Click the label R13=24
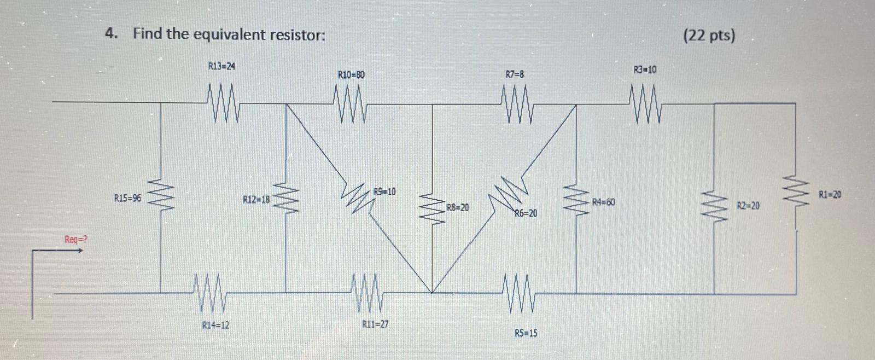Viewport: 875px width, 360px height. (221, 66)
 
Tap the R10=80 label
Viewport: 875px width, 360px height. (351, 74)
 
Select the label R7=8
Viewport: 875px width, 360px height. (515, 74)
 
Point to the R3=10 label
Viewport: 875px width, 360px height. (645, 69)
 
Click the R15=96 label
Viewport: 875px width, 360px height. (127, 198)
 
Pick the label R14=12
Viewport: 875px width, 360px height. (215, 326)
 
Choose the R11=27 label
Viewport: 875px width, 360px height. (376, 324)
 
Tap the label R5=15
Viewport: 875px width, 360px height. (526, 333)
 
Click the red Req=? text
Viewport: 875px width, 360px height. (76, 240)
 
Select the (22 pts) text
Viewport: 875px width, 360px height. (709, 36)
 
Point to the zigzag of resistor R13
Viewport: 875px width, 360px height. (223, 103)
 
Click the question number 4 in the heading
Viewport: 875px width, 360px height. (111, 34)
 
